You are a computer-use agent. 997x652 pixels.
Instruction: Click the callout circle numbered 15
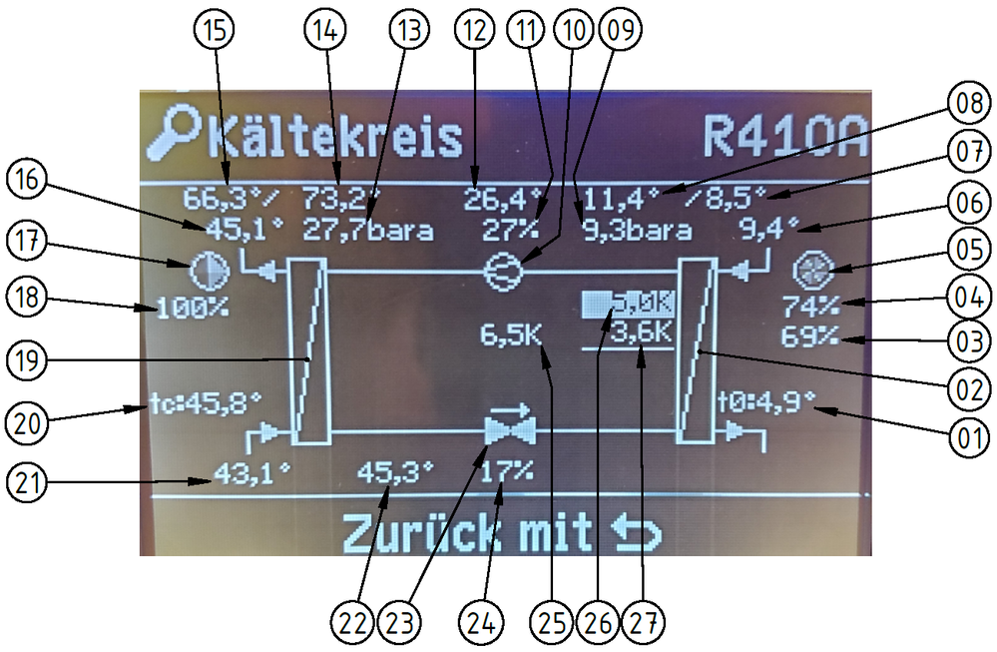tap(217, 31)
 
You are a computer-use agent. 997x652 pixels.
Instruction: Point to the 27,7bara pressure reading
tap(368, 232)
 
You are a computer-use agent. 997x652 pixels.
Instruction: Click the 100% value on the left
tap(192, 308)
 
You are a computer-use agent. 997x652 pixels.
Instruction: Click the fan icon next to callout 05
tap(806, 271)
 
